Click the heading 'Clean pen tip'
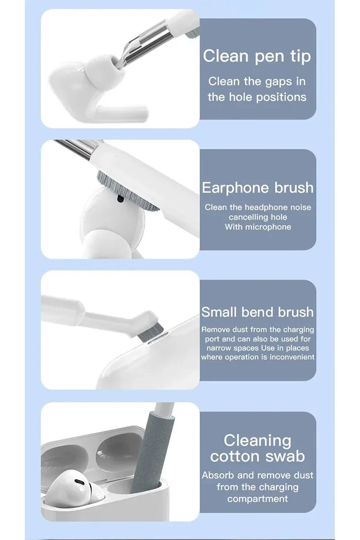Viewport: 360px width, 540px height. [257, 57]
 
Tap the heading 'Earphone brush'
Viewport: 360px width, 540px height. [257, 187]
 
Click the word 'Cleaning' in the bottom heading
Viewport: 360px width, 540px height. [257, 440]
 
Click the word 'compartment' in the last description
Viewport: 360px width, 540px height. [257, 499]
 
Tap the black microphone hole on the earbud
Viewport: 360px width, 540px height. [120, 198]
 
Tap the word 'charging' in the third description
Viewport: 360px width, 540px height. [296, 330]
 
